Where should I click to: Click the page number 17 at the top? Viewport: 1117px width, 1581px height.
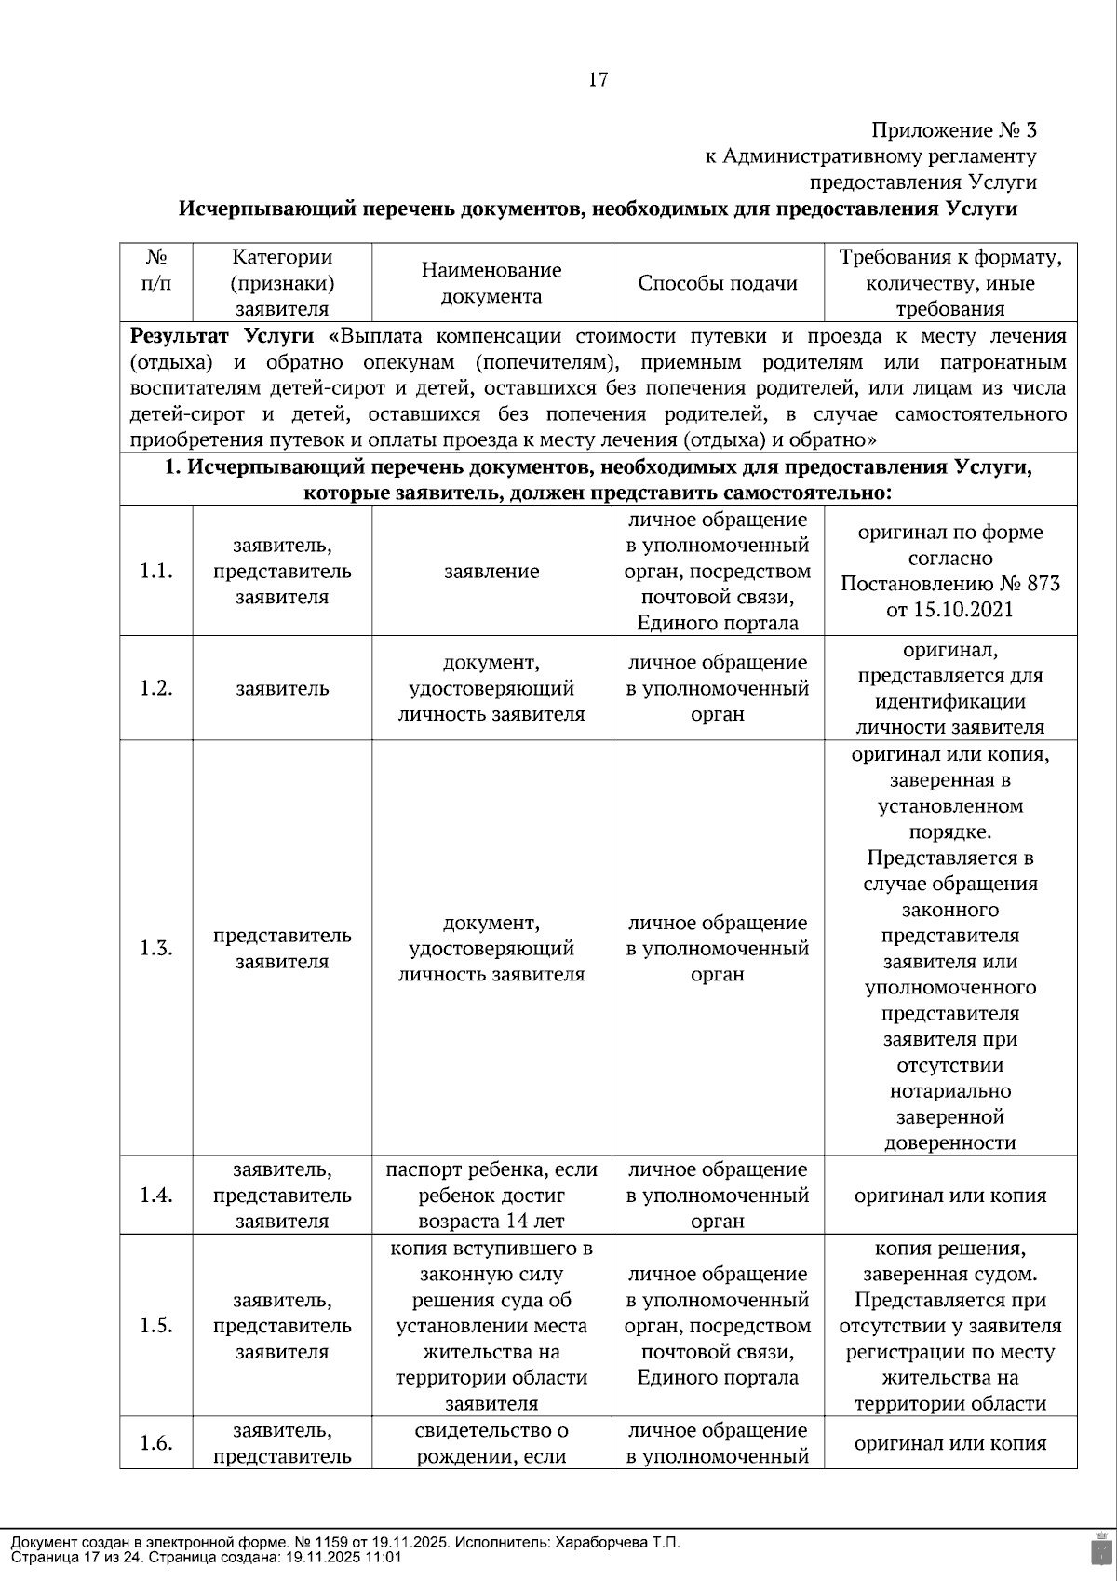click(598, 80)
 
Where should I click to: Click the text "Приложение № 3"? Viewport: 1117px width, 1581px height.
click(953, 130)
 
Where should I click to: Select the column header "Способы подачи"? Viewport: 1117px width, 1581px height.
click(717, 283)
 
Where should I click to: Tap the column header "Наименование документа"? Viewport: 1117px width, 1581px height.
click(491, 283)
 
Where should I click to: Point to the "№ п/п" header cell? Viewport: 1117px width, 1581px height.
click(156, 270)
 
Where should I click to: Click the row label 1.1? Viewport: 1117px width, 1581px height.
click(156, 572)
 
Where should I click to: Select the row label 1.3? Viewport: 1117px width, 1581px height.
click(156, 949)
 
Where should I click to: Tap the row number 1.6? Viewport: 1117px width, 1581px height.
click(156, 1443)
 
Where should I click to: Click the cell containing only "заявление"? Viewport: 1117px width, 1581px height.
click(491, 572)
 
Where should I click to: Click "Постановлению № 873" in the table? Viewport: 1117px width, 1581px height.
click(949, 585)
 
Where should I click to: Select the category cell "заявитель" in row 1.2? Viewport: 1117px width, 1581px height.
click(282, 689)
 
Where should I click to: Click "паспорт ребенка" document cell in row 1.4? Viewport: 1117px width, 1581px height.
click(491, 1170)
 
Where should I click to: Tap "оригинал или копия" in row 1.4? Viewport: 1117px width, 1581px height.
click(949, 1196)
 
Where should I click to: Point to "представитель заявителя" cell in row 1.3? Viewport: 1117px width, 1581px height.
click(282, 949)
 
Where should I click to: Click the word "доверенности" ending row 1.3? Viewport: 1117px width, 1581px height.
click(949, 1143)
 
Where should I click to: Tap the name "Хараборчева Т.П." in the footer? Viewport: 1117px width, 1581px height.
click(616, 1543)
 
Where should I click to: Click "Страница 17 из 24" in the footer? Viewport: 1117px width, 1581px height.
click(74, 1557)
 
